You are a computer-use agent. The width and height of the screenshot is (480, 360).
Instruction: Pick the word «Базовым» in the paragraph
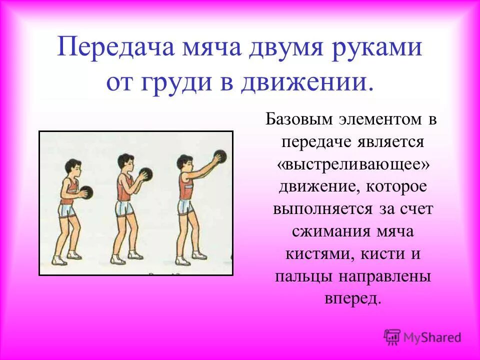[x=299, y=119]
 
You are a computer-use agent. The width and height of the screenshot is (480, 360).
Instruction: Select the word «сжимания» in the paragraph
[x=325, y=231]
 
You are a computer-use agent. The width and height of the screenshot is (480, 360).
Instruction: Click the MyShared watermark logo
[x=423, y=337]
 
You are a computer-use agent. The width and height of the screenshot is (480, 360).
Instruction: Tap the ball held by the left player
[x=86, y=192]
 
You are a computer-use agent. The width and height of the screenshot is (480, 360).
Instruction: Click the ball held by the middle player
[x=145, y=174]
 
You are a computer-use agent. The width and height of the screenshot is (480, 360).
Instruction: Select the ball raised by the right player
[x=220, y=156]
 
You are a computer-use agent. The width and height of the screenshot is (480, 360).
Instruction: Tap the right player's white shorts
[x=185, y=206]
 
